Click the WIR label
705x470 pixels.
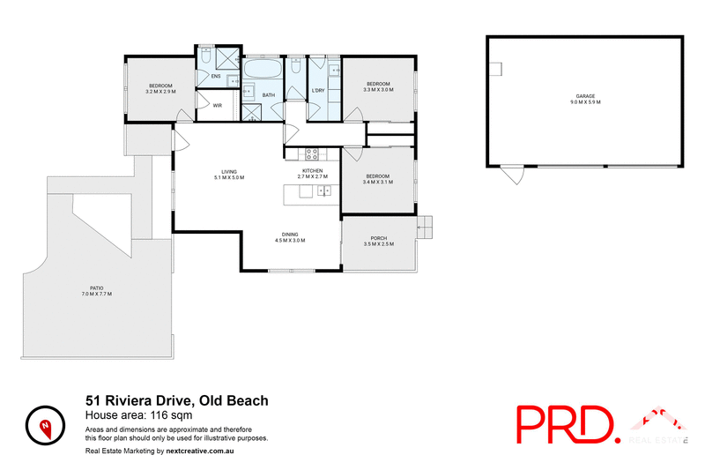click(x=217, y=106)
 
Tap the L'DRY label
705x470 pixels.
click(x=318, y=89)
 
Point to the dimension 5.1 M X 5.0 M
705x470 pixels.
click(x=229, y=177)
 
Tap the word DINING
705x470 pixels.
click(x=290, y=233)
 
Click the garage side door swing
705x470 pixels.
click(x=512, y=175)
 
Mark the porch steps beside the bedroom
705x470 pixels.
click(x=424, y=227)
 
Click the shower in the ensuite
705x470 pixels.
click(x=226, y=58)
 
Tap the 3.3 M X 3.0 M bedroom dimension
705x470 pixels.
click(x=378, y=89)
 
